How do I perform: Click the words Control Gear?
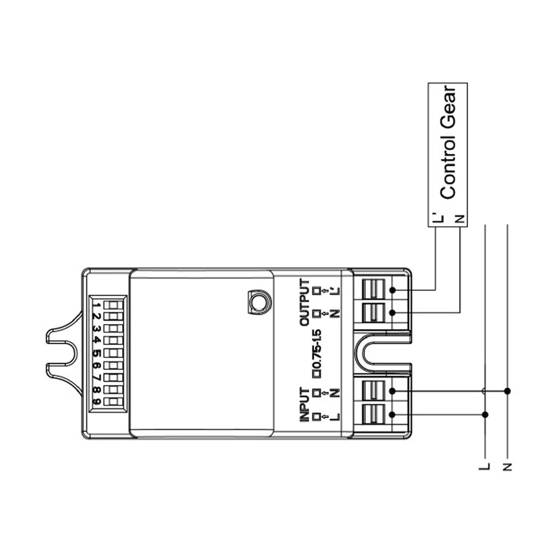pyautogui.click(x=448, y=142)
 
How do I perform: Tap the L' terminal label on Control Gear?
pyautogui.click(x=438, y=218)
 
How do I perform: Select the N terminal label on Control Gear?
pyautogui.click(x=459, y=219)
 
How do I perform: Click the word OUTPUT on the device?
pyautogui.click(x=304, y=302)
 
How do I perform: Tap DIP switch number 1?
pyautogui.click(x=113, y=305)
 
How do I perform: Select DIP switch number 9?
pyautogui.click(x=113, y=402)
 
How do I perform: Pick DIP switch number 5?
pyautogui.click(x=113, y=353)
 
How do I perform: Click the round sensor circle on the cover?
pyautogui.click(x=260, y=302)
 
